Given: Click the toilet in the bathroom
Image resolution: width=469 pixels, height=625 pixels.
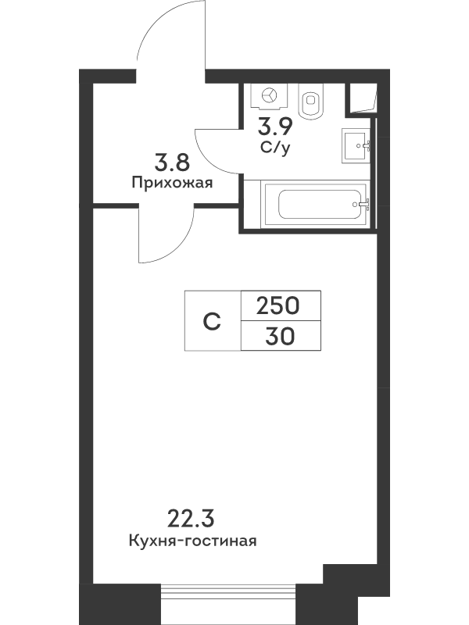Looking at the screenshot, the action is tap(311, 102).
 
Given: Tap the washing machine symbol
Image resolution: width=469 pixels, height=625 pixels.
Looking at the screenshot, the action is tap(270, 96).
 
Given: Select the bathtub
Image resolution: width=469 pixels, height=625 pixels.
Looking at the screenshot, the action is tap(315, 204).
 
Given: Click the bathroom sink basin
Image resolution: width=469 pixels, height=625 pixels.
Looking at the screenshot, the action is tap(356, 146).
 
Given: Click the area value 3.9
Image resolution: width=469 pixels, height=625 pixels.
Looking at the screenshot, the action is tap(275, 127).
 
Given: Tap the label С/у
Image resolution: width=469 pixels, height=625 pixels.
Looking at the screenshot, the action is tap(275, 148).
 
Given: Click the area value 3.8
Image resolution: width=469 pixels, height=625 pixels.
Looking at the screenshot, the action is tap(172, 162).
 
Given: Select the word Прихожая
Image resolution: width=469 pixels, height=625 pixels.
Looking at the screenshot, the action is tap(172, 183).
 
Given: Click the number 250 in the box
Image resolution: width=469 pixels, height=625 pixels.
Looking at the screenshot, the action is tap(277, 306).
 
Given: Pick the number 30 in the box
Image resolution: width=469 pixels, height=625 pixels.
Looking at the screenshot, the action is tap(281, 337).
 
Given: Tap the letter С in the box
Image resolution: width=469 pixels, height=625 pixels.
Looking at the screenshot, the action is tap(212, 321).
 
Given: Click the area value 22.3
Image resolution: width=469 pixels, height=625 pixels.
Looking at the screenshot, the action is tap(191, 519).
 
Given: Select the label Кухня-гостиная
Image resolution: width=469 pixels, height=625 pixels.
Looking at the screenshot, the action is tap(192, 541).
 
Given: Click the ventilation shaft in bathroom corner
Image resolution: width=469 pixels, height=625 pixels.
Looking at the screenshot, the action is tap(363, 98).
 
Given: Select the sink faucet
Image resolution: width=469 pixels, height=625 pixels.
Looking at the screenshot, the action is tap(366, 146).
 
